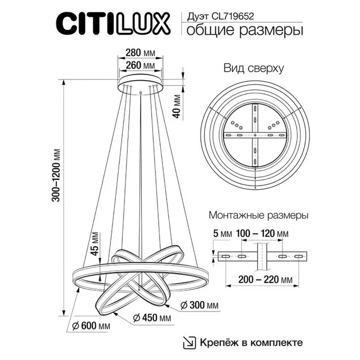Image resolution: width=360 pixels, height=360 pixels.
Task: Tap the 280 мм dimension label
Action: click(x=140, y=53)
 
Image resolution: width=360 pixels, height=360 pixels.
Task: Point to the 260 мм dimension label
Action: click(x=140, y=65)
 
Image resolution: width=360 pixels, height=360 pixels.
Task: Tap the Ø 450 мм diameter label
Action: click(x=152, y=318)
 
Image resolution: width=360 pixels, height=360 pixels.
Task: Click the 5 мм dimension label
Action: click(x=220, y=233)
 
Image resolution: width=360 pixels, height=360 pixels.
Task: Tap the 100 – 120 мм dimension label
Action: click(x=262, y=233)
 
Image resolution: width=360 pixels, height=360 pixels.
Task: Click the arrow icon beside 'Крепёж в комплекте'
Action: click(x=188, y=341)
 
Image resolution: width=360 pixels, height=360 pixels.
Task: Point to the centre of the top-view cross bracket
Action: click(x=255, y=136)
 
